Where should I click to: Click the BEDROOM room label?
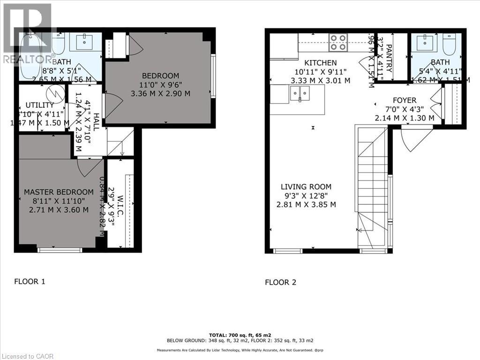(161, 75)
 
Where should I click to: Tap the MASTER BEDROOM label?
(59, 192)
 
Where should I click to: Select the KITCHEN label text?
(321, 63)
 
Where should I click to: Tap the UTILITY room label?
(40, 105)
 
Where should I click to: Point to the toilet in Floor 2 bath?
(453, 45)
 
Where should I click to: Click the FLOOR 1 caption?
(30, 282)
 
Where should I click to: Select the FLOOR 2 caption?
(281, 282)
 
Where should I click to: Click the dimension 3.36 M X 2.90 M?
(161, 93)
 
